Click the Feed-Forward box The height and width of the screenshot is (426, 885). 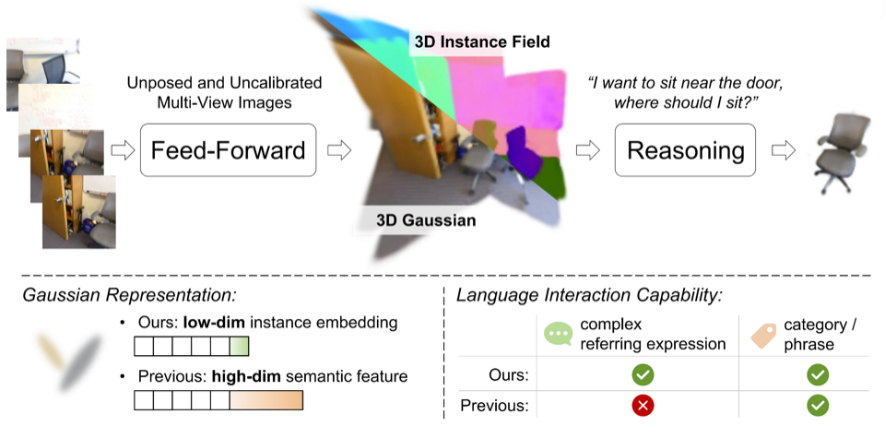[x=228, y=150]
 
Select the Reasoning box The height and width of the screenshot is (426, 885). [x=685, y=150]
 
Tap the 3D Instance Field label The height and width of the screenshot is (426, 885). [x=482, y=41]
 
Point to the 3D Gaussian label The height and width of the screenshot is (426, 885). [x=426, y=220]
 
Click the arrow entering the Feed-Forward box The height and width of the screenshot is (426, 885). [x=123, y=150]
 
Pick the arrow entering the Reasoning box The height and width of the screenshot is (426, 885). [x=587, y=150]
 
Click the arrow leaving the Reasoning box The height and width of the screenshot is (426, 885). [x=784, y=150]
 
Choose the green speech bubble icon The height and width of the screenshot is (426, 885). [x=558, y=334]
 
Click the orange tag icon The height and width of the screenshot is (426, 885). [x=764, y=335]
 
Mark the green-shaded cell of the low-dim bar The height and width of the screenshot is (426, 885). [x=240, y=347]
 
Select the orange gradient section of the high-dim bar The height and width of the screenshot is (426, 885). [x=266, y=400]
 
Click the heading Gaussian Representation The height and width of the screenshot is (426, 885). [x=129, y=295]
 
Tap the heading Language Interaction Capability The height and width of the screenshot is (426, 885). [x=589, y=295]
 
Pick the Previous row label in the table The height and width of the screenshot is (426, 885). [x=494, y=405]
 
